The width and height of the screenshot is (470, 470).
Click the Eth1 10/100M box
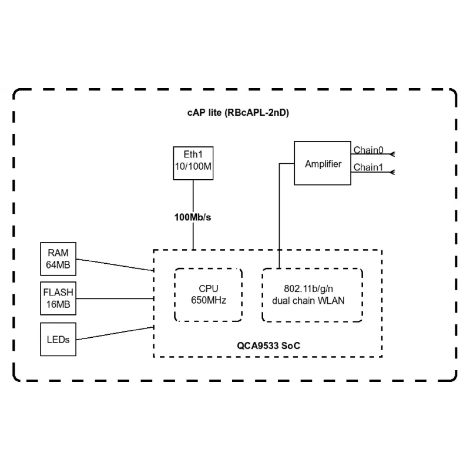pyautogui.click(x=193, y=163)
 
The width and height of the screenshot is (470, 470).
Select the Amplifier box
pyautogui.click(x=323, y=163)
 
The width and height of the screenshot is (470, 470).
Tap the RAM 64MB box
pyautogui.click(x=58, y=258)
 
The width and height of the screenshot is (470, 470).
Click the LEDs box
pyautogui.click(x=58, y=339)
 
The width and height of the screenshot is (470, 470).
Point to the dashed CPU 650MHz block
pyautogui.click(x=209, y=294)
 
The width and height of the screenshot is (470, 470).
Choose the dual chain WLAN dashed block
pyautogui.click(x=312, y=294)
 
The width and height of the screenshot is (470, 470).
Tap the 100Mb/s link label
pyautogui.click(x=193, y=217)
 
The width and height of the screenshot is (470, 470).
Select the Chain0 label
pyautogui.click(x=368, y=150)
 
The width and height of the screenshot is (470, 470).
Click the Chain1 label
pyautogui.click(x=368, y=167)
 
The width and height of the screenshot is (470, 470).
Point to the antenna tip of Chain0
pyautogui.click(x=392, y=155)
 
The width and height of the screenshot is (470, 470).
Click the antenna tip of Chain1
pyautogui.click(x=392, y=172)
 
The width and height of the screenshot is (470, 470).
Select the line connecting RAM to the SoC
pyautogui.click(x=115, y=264)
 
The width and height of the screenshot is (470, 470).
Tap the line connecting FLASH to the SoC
pyautogui.click(x=115, y=298)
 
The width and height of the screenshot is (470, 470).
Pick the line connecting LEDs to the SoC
pyautogui.click(x=115, y=333)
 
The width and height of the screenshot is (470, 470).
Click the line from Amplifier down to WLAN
pyautogui.click(x=279, y=217)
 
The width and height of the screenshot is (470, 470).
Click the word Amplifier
pyautogui.click(x=323, y=164)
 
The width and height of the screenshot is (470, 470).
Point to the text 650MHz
pyautogui.click(x=209, y=300)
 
